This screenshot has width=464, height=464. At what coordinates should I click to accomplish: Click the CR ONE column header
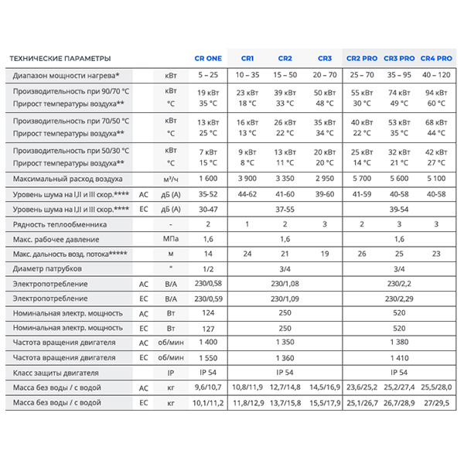[x=207, y=59]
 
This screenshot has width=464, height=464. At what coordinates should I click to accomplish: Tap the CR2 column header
[x=285, y=59]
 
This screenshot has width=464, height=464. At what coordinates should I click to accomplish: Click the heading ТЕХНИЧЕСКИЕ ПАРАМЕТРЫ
[x=60, y=59]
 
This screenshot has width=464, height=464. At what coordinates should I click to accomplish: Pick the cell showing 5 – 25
[x=207, y=75]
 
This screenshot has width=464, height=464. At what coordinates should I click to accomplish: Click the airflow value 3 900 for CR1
[x=247, y=179]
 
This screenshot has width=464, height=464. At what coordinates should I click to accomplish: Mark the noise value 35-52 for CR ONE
[x=207, y=194]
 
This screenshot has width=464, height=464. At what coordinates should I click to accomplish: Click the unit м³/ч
[x=171, y=179]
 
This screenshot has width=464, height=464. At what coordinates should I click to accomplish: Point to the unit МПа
[x=171, y=239]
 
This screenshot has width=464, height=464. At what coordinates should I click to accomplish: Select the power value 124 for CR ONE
[x=207, y=313]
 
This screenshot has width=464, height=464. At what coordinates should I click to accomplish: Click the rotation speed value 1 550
[x=207, y=357]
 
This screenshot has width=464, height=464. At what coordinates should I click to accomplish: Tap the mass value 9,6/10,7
[x=207, y=387]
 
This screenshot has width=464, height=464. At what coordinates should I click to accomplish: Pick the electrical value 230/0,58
[x=207, y=284]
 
